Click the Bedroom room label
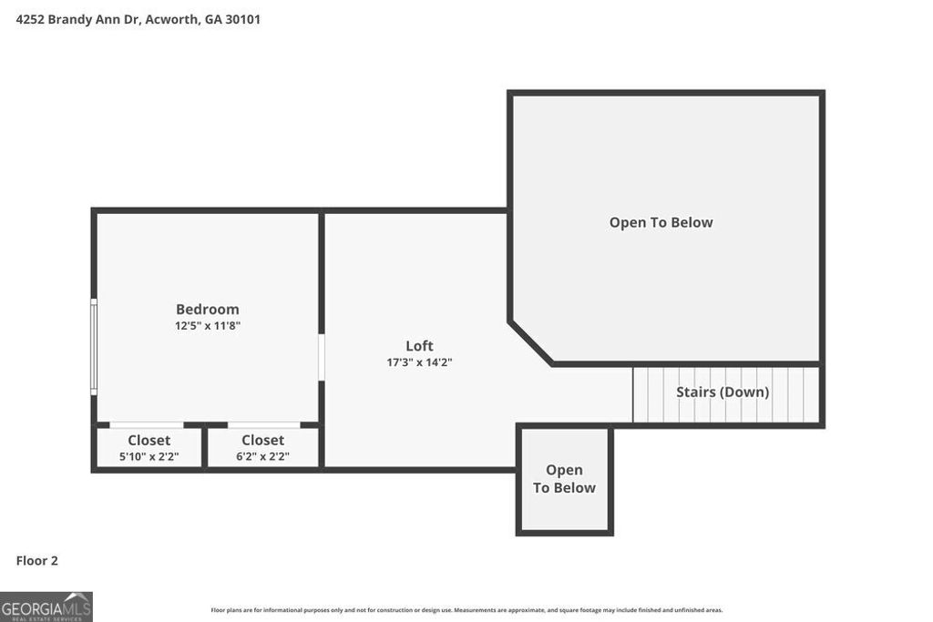(207, 309)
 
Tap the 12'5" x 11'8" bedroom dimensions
(207, 325)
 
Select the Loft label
(419, 345)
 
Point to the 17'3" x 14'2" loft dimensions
(419, 362)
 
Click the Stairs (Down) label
(722, 393)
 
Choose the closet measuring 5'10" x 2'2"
(149, 448)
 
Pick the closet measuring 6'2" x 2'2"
(262, 448)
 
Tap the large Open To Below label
(661, 222)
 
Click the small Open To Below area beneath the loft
(564, 479)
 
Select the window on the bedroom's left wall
(93, 347)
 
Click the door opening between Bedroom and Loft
(321, 357)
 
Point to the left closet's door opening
(146, 424)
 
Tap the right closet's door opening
(263, 424)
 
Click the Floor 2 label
(37, 561)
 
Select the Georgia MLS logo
(46, 607)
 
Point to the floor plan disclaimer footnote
(466, 610)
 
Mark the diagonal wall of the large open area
(531, 342)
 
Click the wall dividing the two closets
(205, 447)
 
